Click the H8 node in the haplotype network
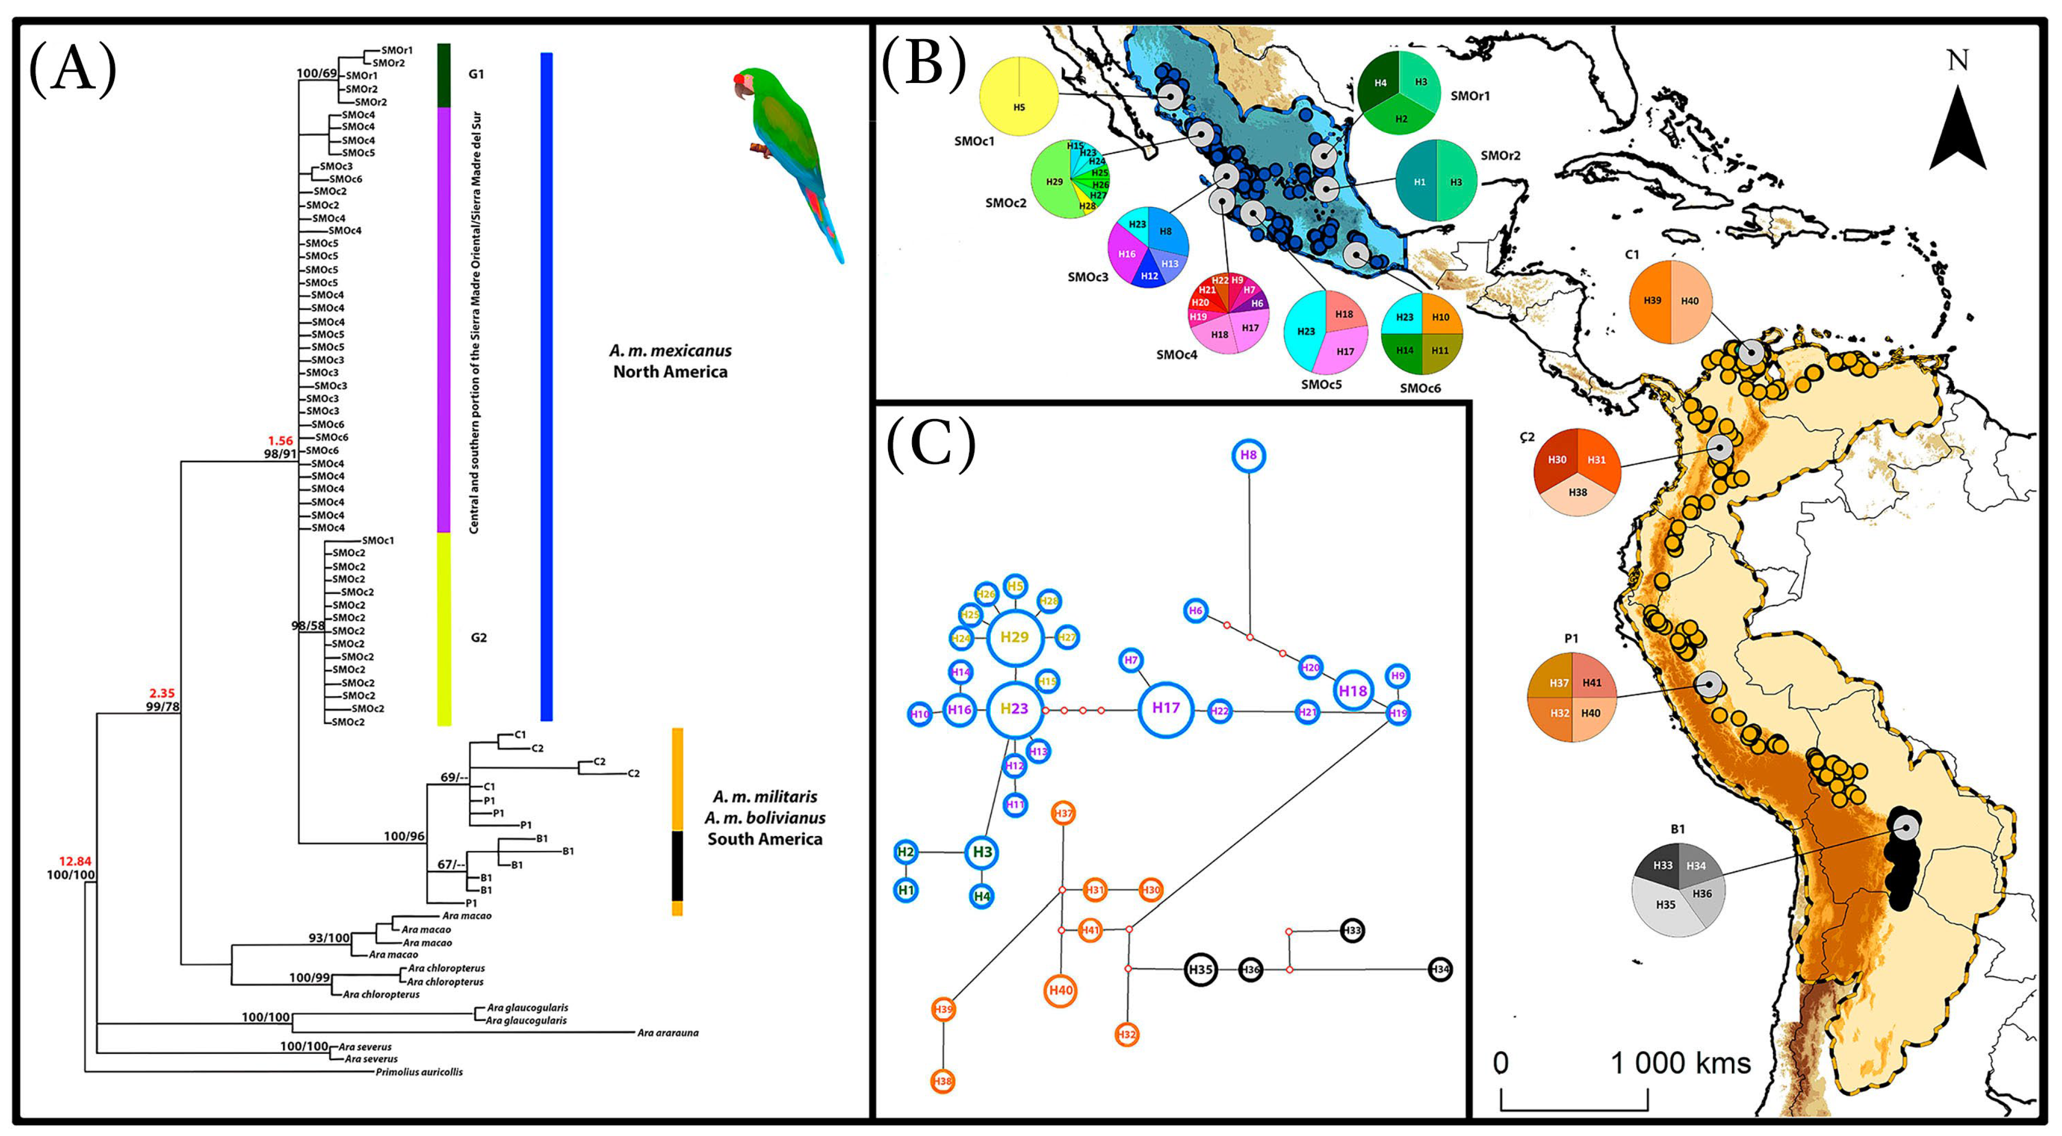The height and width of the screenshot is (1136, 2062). point(1248,456)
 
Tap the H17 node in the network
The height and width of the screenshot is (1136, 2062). point(1165,708)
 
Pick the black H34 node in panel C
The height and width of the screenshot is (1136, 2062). point(1439,969)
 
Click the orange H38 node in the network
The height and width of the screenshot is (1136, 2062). point(943,1082)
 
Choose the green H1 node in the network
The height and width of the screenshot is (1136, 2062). point(905,889)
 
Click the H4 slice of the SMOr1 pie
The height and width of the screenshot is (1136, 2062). point(1380,83)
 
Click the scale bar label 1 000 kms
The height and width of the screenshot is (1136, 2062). point(1680,1063)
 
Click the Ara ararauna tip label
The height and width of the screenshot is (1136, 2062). point(668,1033)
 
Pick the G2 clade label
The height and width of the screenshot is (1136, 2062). point(478,638)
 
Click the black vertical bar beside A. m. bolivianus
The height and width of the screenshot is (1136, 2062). point(677,865)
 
